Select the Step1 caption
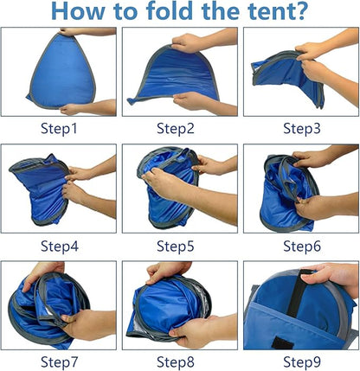pos(59,129)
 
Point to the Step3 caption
pos(300,129)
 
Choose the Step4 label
pos(59,246)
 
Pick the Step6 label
pos(300,246)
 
